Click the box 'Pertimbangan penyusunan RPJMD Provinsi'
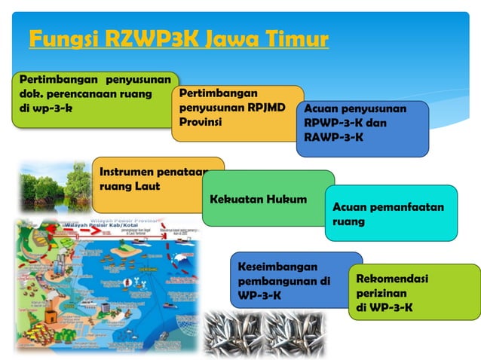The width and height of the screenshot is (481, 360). (x=235, y=113)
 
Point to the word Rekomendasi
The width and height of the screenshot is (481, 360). (x=392, y=279)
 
